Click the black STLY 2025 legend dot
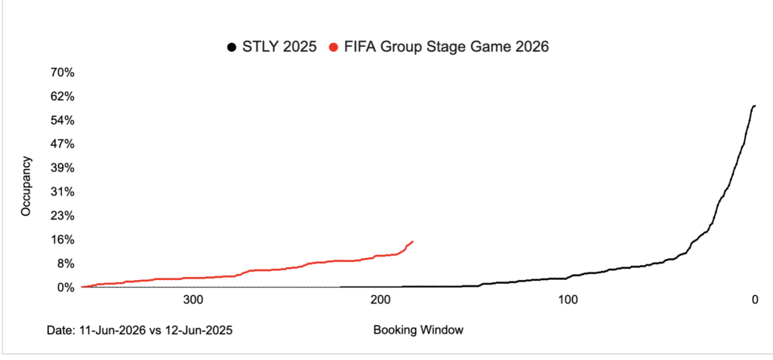click(230, 48)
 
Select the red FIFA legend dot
click(333, 48)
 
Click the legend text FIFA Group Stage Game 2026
click(446, 48)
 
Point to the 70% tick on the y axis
click(62, 72)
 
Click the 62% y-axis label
click(62, 97)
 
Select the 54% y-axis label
click(62, 120)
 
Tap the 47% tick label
click(62, 144)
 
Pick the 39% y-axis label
click(62, 168)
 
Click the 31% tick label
click(62, 192)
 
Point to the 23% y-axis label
click(62, 216)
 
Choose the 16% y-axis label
click(62, 239)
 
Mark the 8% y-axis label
click(65, 263)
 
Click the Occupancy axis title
click(26, 186)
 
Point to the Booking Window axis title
click(417, 330)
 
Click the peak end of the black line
click(754, 106)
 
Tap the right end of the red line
click(412, 242)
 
